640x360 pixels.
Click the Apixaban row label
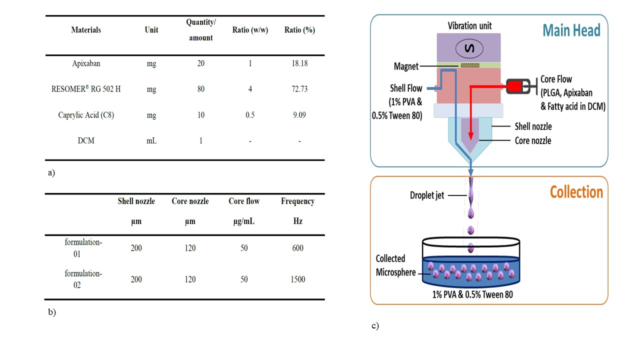86,63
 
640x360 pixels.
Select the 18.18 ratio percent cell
299,63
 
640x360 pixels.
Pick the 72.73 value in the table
299,89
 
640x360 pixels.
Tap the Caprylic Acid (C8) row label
86,115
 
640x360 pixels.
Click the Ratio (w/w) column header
250,30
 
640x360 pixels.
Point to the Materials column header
86,30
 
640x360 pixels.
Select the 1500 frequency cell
297,279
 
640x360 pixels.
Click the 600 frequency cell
297,248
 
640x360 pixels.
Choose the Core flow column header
244,201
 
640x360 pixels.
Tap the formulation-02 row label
83,279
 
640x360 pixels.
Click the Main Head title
571,30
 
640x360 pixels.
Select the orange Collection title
576,192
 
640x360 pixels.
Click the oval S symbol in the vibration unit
468,49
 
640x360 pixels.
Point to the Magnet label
405,66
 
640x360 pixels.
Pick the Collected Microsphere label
395,265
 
